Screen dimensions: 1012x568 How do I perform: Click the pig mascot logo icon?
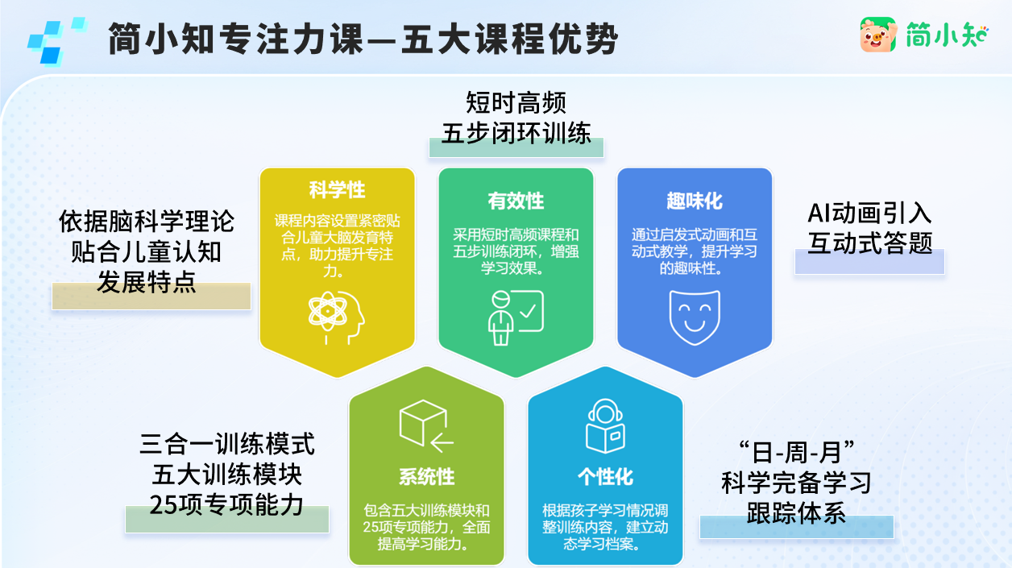point(877,35)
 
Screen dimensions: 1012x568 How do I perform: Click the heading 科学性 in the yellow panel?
point(337,190)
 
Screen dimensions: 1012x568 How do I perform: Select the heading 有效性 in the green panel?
point(516,201)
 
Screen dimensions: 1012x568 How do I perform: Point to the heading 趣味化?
point(695,201)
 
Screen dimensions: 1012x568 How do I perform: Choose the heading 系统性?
point(426,477)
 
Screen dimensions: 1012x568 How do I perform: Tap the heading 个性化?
point(605,477)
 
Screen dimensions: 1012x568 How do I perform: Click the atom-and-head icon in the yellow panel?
point(336,317)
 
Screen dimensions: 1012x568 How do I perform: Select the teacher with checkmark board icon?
point(516,317)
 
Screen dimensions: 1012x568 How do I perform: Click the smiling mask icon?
point(695,317)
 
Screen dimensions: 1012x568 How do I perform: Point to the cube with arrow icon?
point(426,426)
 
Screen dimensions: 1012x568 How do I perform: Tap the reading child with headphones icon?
point(605,426)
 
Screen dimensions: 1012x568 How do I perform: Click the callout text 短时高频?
point(516,103)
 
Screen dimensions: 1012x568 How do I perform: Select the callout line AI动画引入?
point(869,214)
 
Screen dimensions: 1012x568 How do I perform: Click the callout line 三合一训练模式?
point(226,444)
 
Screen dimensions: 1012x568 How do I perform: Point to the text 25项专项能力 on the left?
point(226,504)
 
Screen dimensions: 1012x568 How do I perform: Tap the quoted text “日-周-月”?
point(797,452)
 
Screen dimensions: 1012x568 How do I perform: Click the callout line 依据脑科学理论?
point(147,222)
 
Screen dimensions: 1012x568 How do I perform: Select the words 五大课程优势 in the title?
point(509,39)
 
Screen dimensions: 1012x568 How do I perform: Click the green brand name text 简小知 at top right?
point(948,35)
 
